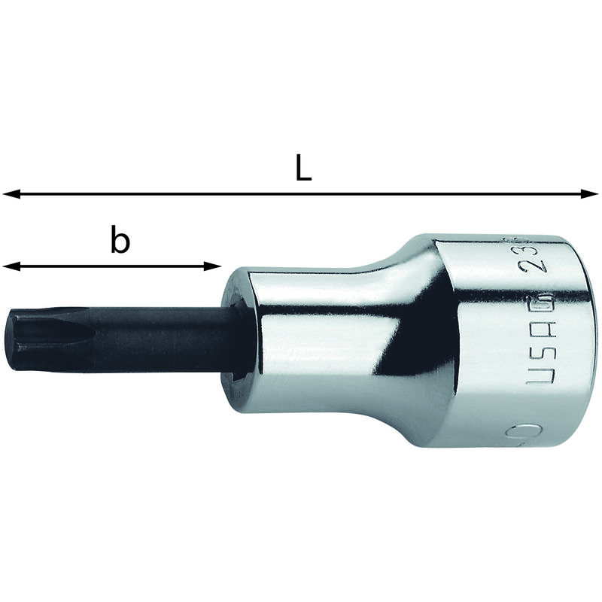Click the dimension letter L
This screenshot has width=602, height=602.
pos(303,169)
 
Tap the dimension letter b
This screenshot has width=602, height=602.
pos(120,242)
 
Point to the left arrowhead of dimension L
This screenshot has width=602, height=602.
pos(9,194)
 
